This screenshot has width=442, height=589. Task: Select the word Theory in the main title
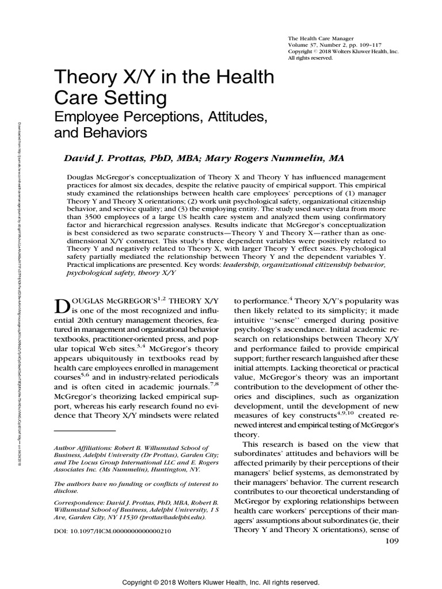click(x=80, y=77)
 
